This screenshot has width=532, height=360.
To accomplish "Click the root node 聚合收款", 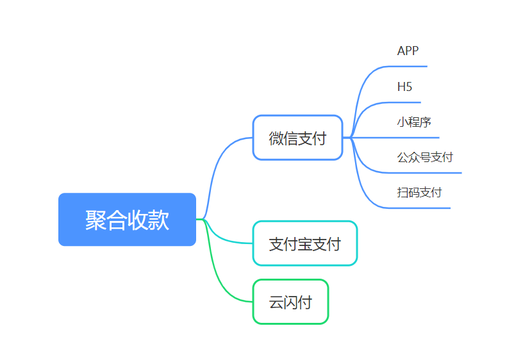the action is coord(128,219).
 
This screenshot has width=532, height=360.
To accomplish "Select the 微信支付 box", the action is coord(297,138).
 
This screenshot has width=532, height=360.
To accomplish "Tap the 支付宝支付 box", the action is coord(305,243).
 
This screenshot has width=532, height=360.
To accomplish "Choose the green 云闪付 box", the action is coord(291,302).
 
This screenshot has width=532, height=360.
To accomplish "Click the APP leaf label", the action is coord(408,51).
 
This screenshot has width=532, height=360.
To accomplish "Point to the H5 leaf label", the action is coord(404,86).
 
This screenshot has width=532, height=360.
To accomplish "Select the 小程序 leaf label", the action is coord(414,122).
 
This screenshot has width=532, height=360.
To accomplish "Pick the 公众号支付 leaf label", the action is coord(425,158).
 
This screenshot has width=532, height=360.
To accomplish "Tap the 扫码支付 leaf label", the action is coord(419,193).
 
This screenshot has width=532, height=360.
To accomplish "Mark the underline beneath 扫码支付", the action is coord(417,208).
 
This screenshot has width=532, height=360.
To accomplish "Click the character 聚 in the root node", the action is coord(96,220).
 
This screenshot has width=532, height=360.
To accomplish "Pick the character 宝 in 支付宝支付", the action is coord(305,244).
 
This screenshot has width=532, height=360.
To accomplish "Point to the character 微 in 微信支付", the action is coord(276,138).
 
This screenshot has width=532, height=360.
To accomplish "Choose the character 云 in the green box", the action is coord(276,302).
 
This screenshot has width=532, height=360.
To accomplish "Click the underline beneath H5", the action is coord(402,102).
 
